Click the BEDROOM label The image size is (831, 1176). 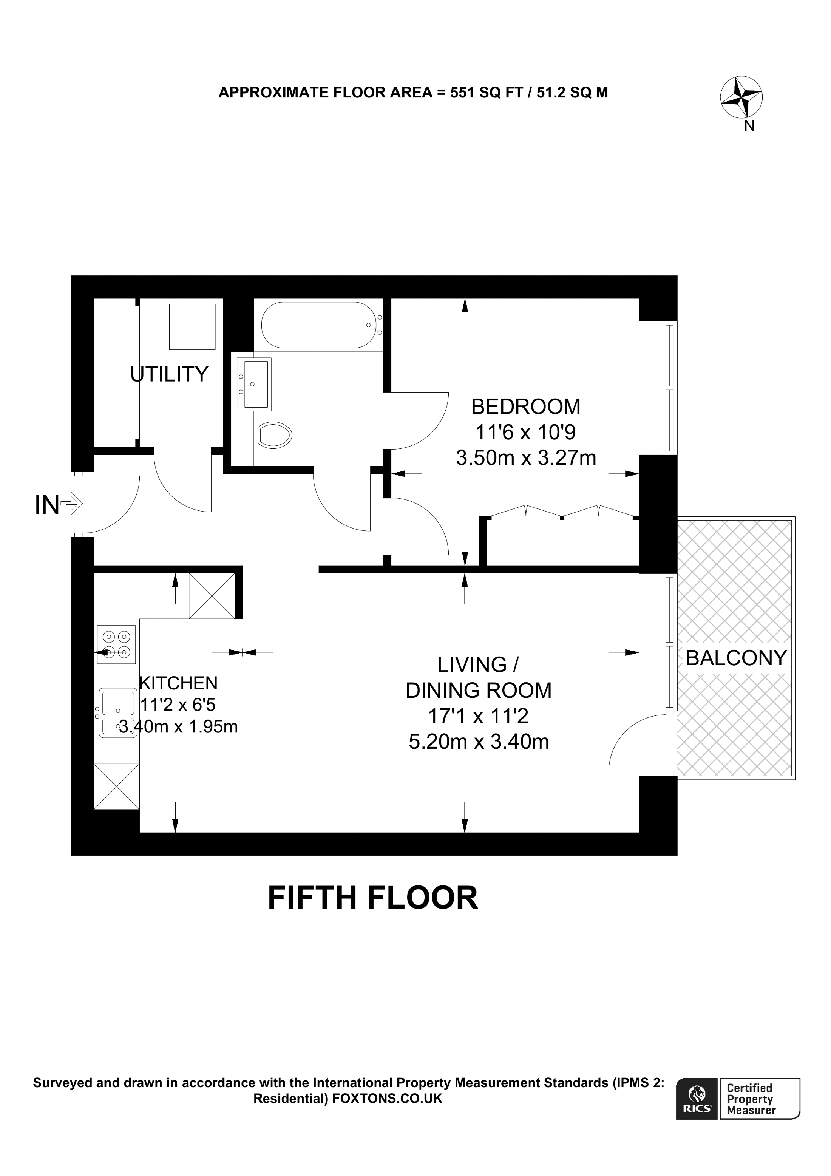[526, 407]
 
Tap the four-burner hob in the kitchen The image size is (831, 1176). [117, 644]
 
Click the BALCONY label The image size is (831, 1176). [736, 658]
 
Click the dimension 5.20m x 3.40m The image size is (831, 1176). [479, 742]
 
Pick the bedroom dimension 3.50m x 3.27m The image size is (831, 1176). [526, 458]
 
